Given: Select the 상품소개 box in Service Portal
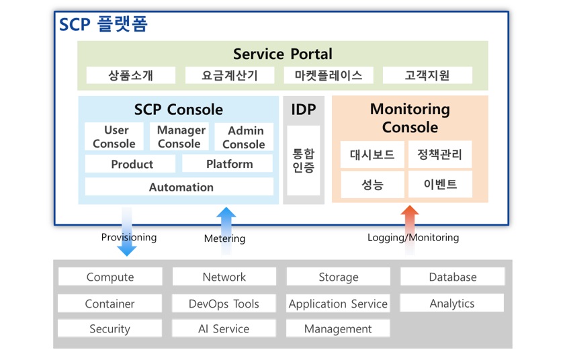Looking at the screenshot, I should pyautogui.click(x=131, y=75).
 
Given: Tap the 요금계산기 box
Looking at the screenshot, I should pyautogui.click(x=229, y=75).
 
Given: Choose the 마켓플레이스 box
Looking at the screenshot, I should pyautogui.click(x=329, y=75).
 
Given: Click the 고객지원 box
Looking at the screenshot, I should pyautogui.click(x=427, y=75).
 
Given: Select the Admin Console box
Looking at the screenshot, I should pyautogui.click(x=244, y=137).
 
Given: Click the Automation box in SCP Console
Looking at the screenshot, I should pyautogui.click(x=179, y=187).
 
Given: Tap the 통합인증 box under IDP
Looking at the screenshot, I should pyautogui.click(x=303, y=161).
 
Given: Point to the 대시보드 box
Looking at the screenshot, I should pyautogui.click(x=372, y=154).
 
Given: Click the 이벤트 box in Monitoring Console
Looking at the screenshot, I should pyautogui.click(x=440, y=184).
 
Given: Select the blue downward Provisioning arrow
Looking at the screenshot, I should pyautogui.click(x=126, y=232).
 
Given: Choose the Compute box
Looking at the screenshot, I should pyautogui.click(x=110, y=277).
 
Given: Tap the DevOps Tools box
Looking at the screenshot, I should pyautogui.click(x=224, y=304).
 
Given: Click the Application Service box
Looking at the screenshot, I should pyautogui.click(x=338, y=304).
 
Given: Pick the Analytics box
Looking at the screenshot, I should pyautogui.click(x=452, y=304).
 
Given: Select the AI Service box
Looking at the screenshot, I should pyautogui.click(x=224, y=328).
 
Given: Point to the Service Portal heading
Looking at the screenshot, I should pyautogui.click(x=282, y=54).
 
